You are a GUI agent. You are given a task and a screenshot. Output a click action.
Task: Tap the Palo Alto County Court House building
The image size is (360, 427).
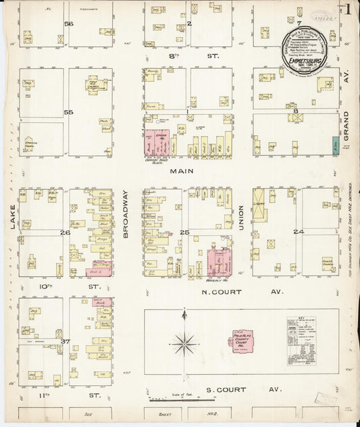click(240, 340)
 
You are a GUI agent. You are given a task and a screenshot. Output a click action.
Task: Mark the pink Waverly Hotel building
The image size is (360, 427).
click(219, 263)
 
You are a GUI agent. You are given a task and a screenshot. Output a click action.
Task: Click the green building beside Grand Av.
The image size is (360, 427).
click(335, 144)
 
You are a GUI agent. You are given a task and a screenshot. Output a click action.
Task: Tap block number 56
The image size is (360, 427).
click(68, 24)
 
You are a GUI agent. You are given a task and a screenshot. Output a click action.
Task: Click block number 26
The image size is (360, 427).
click(66, 232)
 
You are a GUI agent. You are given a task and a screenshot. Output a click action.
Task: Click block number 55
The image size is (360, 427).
click(67, 111)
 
